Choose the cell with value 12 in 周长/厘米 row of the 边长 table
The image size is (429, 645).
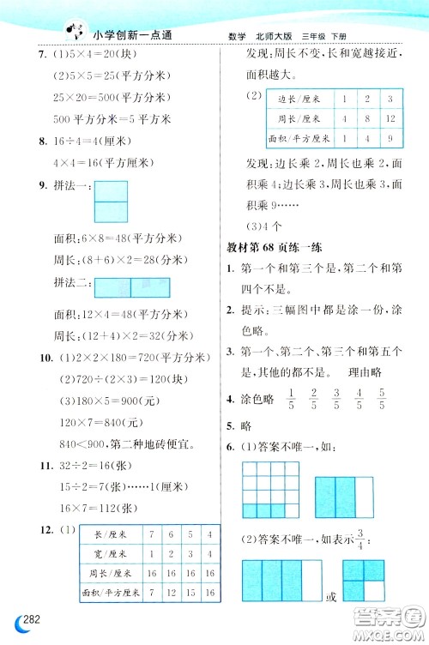[390, 118]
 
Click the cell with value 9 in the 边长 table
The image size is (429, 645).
[390, 137]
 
